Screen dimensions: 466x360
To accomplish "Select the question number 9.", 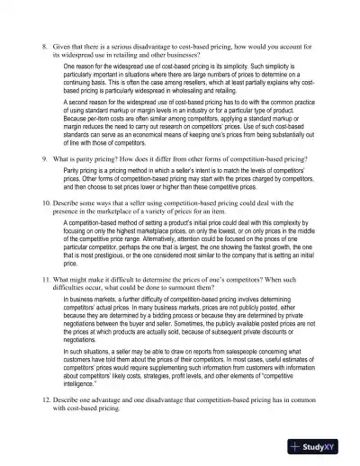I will click(46, 158).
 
